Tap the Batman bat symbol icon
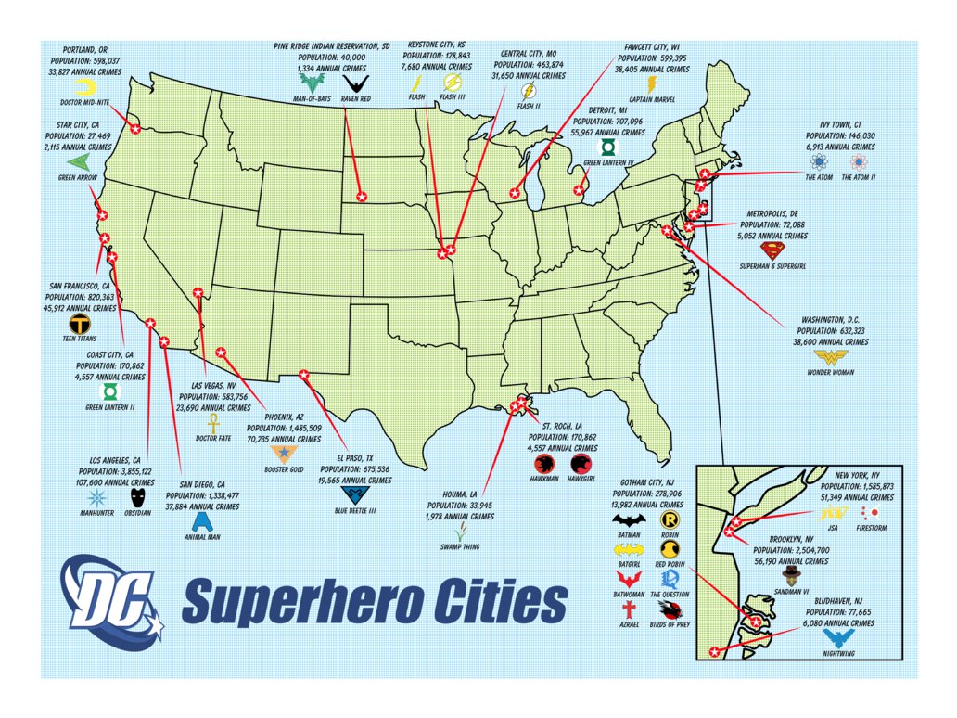628,521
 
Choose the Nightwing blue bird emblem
839,638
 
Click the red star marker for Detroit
580,190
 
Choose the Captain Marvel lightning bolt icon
650,84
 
